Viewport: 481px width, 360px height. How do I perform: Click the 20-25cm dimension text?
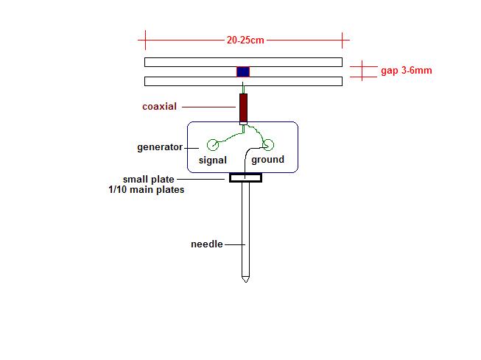[x=245, y=40]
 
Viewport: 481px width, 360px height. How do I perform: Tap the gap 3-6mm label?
[x=407, y=71]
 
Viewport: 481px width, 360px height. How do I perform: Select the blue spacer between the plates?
[x=243, y=71]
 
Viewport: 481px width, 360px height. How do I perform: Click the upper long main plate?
[x=243, y=62]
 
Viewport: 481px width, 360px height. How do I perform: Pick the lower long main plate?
[x=243, y=81]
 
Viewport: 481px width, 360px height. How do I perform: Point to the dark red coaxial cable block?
[x=243, y=107]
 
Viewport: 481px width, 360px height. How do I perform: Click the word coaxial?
[x=160, y=107]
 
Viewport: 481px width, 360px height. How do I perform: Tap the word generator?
[x=160, y=147]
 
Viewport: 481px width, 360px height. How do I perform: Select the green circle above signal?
[x=213, y=144]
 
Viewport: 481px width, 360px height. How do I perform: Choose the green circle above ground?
[x=268, y=144]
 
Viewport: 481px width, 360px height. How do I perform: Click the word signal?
[x=213, y=160]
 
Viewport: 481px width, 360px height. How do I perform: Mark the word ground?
[x=268, y=160]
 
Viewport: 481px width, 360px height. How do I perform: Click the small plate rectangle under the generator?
[x=245, y=178]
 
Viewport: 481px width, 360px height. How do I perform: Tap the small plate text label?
[x=149, y=179]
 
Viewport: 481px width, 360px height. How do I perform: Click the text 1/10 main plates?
[x=147, y=189]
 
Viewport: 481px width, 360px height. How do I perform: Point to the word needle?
[x=207, y=244]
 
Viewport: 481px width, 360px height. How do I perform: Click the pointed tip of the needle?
[x=245, y=282]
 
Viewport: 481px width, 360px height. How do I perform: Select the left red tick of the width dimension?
[x=145, y=40]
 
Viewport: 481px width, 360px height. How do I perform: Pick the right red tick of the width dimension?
[x=342, y=40]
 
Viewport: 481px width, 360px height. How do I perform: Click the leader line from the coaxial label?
[x=208, y=107]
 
